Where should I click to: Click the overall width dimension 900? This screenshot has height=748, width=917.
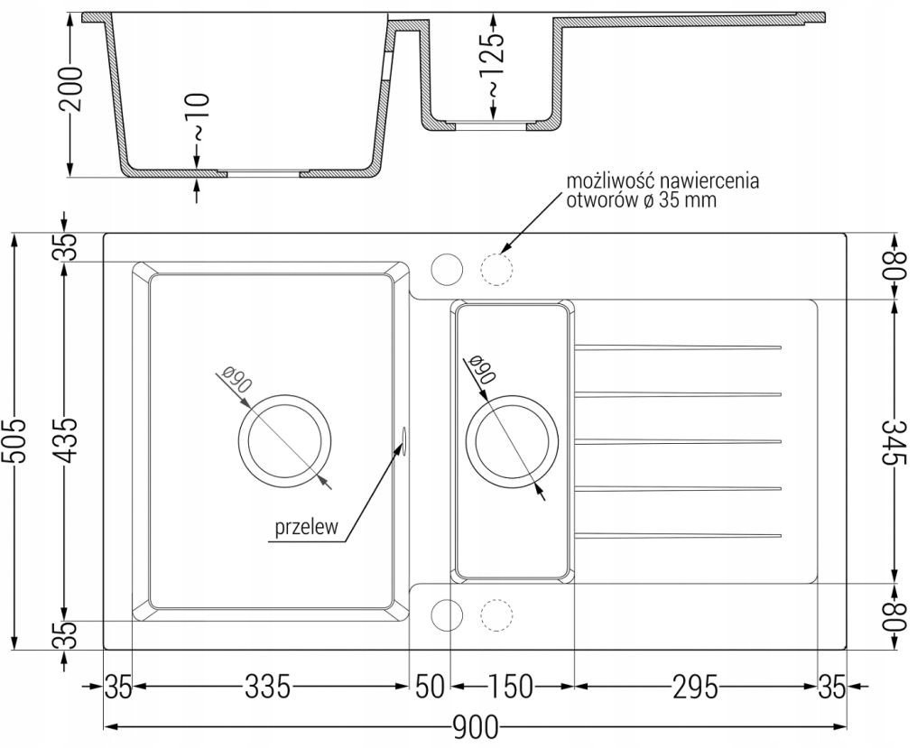tap(475, 727)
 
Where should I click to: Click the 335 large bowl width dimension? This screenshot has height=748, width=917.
tap(267, 687)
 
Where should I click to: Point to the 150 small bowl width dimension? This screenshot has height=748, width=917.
tap(511, 687)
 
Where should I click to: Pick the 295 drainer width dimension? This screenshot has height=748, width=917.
tap(695, 687)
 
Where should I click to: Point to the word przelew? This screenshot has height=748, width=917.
tap(307, 527)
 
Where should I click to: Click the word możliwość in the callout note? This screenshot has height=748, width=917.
tap(607, 180)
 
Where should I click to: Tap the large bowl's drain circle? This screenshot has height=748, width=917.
tap(285, 439)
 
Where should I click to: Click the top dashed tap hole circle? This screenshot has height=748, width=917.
tap(496, 270)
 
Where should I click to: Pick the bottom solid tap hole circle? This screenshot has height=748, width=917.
tap(447, 615)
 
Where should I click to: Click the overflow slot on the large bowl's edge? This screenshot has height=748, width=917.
tap(403, 437)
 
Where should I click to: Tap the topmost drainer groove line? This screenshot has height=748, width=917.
tap(679, 348)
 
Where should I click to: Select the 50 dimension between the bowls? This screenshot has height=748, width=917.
tap(430, 687)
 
